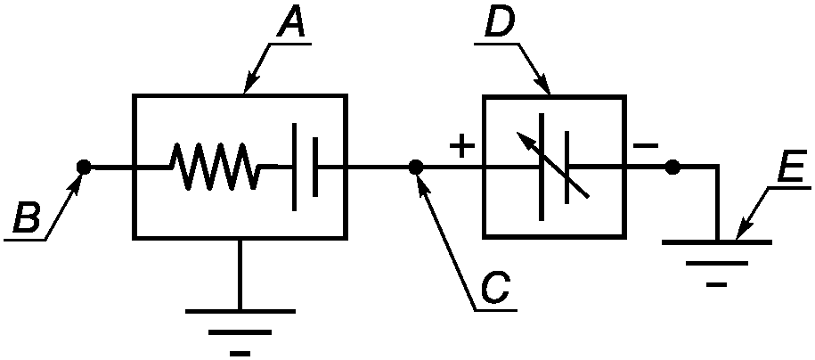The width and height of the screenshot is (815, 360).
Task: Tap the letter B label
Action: (x=27, y=217)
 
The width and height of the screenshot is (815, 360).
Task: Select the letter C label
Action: (x=495, y=288)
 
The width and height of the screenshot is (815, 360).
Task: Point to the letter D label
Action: (x=499, y=22)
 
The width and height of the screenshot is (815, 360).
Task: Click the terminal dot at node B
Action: (x=83, y=167)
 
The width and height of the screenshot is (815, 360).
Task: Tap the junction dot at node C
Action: (x=415, y=167)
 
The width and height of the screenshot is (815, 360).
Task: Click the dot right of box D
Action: (x=672, y=167)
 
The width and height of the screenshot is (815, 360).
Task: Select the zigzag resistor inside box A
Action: (x=214, y=167)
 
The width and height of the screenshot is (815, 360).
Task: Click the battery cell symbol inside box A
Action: (x=306, y=167)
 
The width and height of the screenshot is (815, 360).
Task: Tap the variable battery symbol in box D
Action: (x=553, y=167)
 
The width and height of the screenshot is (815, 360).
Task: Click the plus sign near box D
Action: (x=461, y=145)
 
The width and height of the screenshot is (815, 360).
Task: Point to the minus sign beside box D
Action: (x=646, y=146)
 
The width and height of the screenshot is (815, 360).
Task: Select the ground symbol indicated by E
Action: (x=717, y=263)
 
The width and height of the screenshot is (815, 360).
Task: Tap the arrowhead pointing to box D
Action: (x=542, y=85)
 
